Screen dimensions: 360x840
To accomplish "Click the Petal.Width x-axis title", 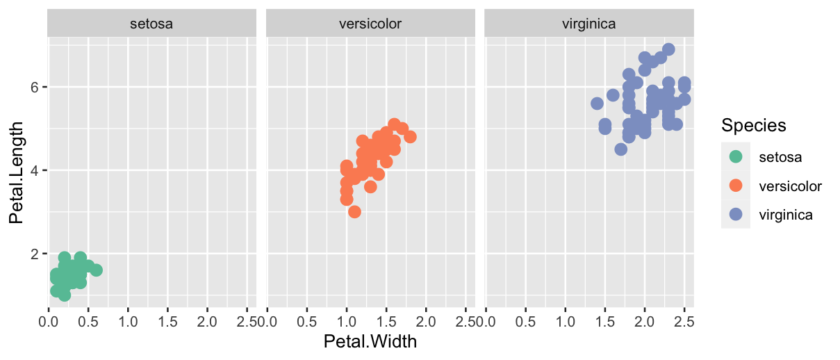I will pos(370,342).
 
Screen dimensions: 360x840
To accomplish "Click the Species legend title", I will pos(753,126).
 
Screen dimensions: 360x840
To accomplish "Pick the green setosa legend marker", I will pos(736,157).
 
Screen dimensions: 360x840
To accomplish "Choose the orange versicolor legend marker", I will pos(736,186).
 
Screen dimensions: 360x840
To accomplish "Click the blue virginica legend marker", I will pos(736,215).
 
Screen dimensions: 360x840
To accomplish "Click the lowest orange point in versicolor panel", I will pos(354,212).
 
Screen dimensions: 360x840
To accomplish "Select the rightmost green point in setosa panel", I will pos(96,270).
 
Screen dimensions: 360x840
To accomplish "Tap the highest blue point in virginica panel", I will pos(668,49).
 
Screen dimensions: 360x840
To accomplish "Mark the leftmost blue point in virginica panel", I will pos(597,104).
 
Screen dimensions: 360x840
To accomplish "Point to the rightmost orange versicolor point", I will pos(410,137).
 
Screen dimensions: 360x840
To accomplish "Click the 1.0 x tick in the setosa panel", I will pos(128,322).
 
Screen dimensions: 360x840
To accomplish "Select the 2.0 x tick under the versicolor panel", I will pos(426,322).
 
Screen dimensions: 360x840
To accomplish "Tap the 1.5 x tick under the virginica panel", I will pos(604,322).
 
